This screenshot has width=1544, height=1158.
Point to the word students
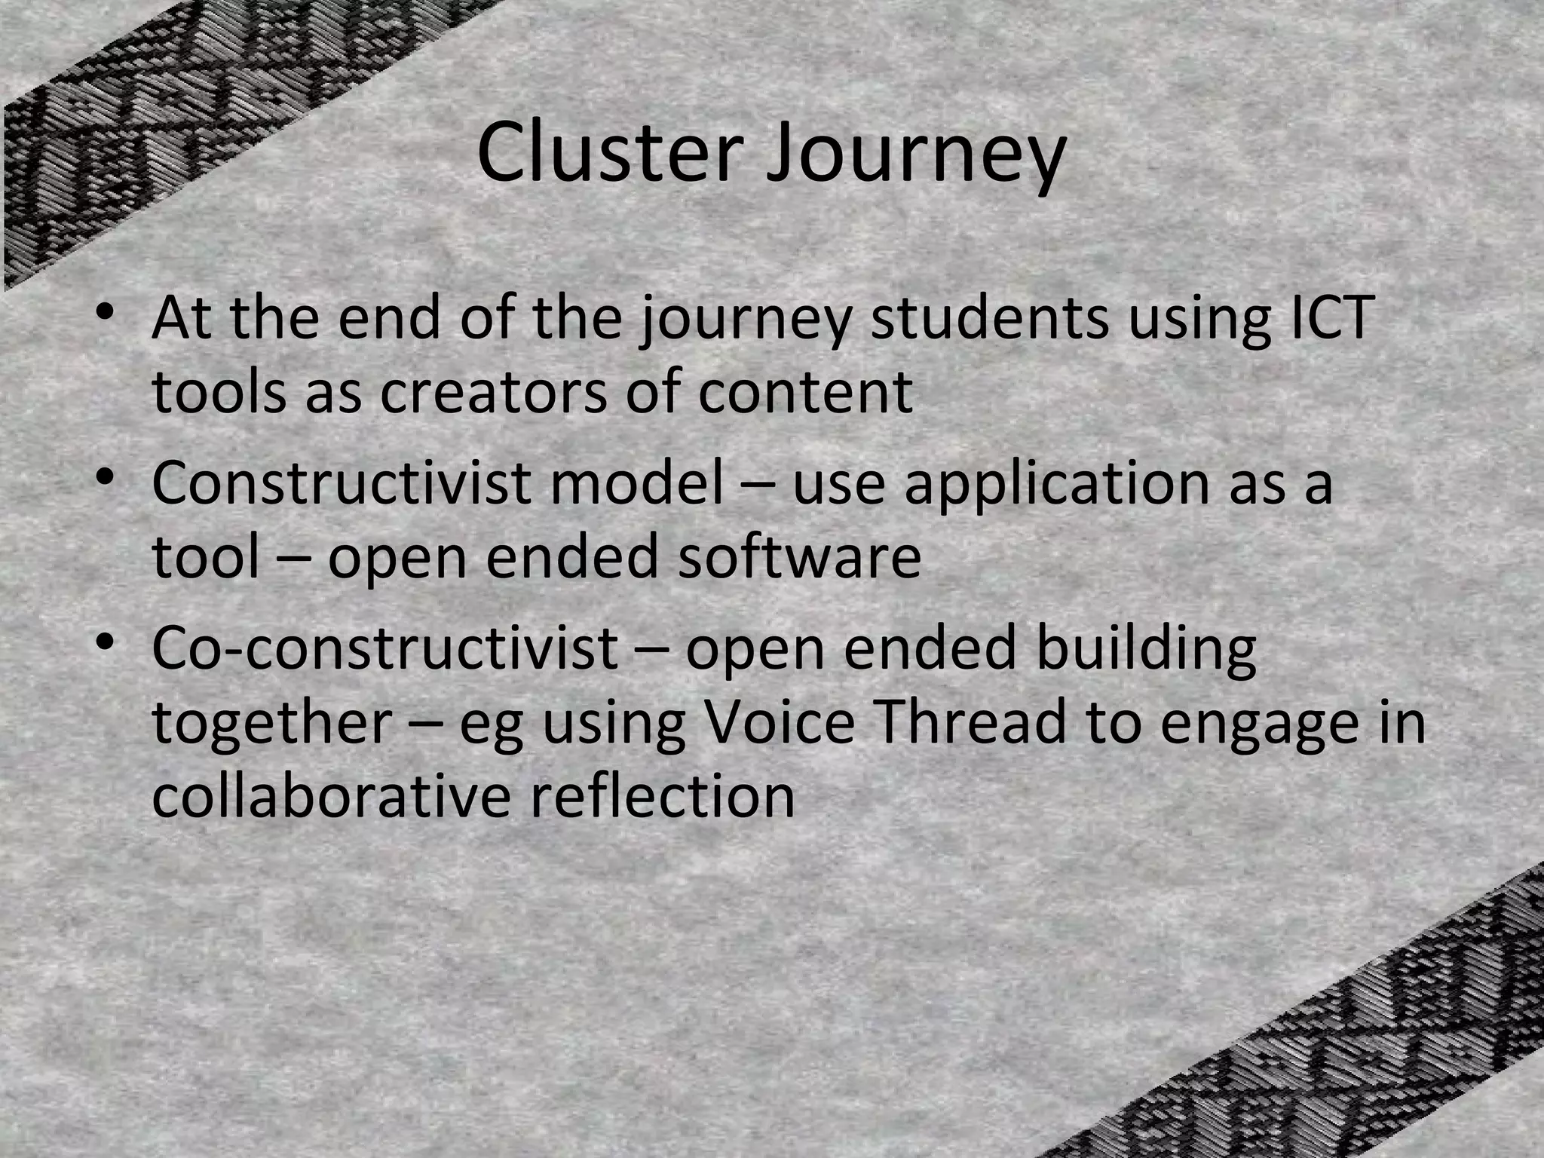click(x=989, y=317)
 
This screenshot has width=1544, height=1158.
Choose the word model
click(x=636, y=482)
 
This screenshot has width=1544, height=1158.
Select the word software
click(x=798, y=558)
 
